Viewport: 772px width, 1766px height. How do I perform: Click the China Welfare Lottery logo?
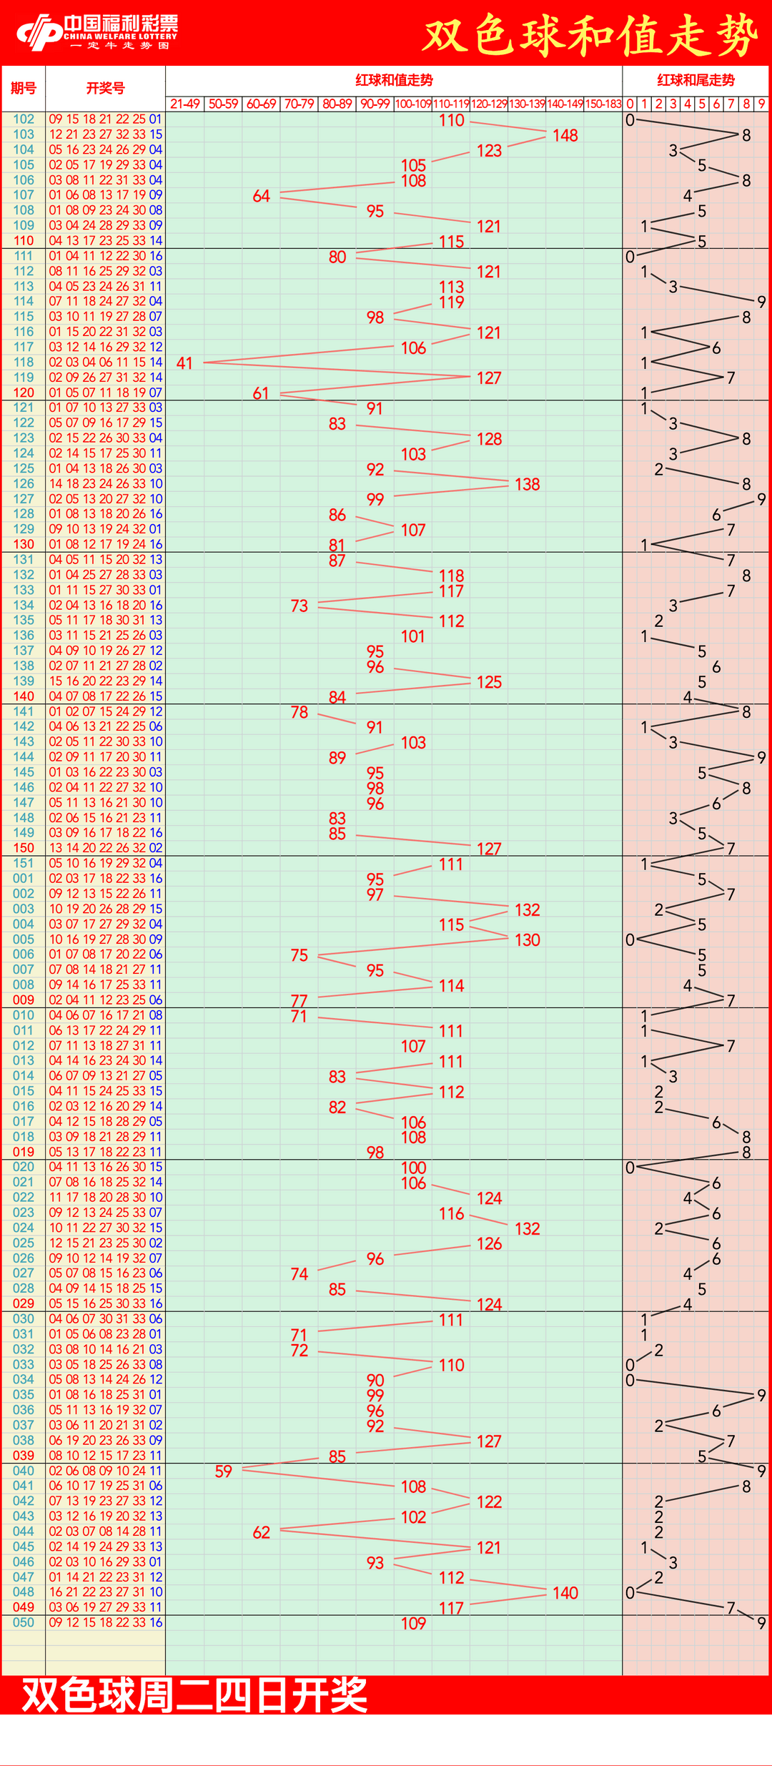[97, 32]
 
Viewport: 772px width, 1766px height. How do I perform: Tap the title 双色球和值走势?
[590, 34]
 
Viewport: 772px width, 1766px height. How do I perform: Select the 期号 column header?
[24, 88]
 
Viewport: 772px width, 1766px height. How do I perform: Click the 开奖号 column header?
[105, 88]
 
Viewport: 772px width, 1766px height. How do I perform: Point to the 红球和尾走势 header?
[696, 80]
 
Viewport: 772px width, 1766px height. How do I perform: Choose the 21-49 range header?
[185, 104]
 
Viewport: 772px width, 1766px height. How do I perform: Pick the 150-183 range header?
[603, 104]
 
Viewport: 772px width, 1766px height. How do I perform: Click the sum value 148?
[565, 135]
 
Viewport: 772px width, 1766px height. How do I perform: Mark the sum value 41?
[184, 363]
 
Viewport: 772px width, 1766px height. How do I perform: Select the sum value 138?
[527, 485]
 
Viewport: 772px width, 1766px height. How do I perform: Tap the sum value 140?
[565, 1593]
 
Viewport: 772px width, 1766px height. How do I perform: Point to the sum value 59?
[223, 1471]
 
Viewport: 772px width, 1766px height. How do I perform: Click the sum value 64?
[261, 196]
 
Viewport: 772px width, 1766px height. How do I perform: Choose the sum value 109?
[413, 1624]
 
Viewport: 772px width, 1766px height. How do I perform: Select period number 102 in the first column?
[24, 119]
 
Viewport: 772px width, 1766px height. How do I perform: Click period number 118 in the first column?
[24, 362]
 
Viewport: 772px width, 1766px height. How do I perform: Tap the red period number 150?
[24, 848]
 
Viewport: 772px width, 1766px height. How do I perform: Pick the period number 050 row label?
[24, 1622]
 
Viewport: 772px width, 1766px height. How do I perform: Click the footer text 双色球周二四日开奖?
[194, 1695]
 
